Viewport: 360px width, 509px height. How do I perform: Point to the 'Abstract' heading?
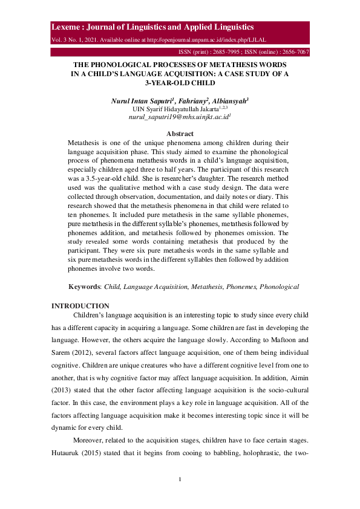coord(180,134)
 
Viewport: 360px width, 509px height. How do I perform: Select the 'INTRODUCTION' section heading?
coord(80,306)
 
